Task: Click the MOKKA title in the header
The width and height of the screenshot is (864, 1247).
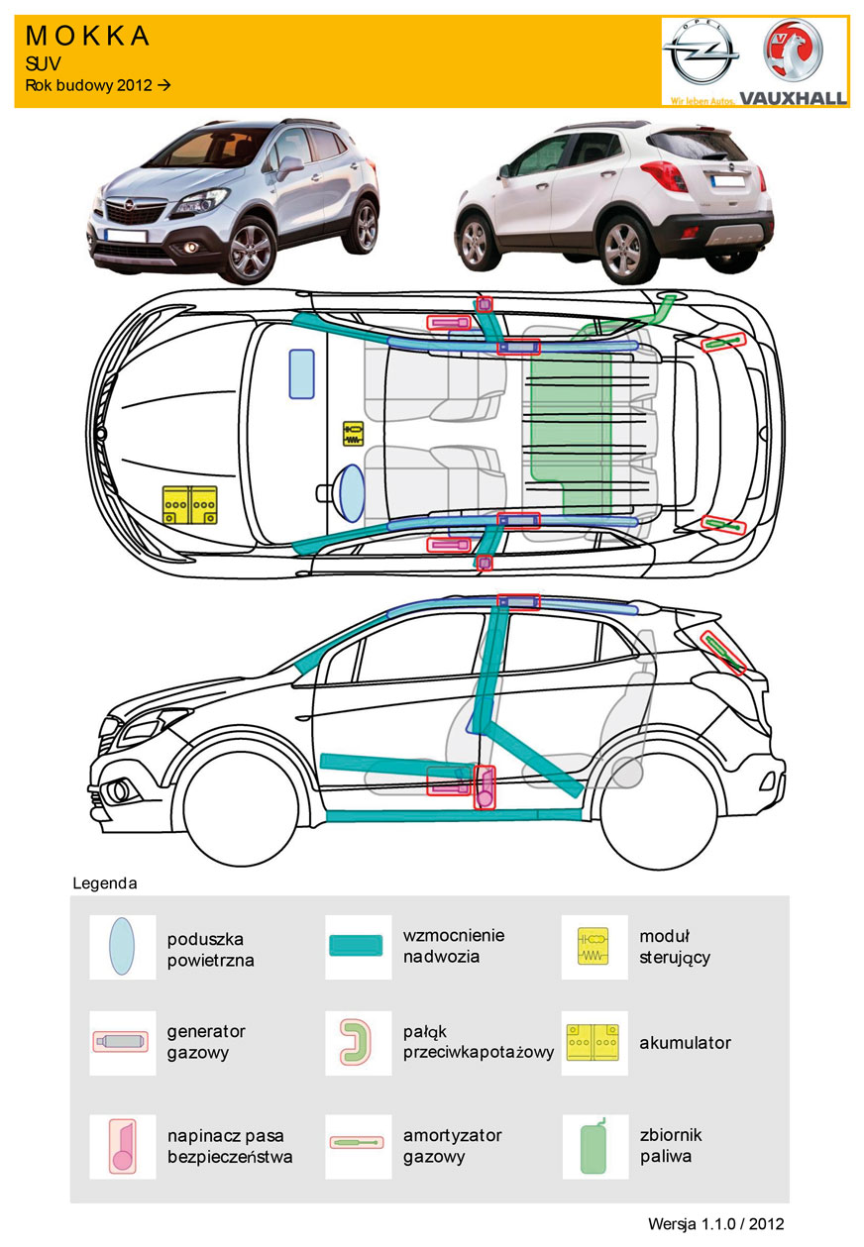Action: [87, 37]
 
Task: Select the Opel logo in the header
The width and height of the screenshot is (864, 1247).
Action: [702, 57]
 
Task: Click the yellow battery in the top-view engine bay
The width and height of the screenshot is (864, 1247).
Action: [189, 505]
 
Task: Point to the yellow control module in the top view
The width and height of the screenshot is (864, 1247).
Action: [353, 433]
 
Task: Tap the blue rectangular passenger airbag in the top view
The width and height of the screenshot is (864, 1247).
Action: [301, 373]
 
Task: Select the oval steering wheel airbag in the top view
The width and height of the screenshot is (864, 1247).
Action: [351, 491]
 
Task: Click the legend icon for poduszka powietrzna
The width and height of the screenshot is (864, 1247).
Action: [122, 947]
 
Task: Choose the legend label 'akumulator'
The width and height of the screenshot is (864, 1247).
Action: [685, 1043]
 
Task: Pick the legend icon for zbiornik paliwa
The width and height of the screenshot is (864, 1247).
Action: [594, 1145]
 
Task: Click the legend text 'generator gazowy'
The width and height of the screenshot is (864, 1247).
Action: [206, 1041]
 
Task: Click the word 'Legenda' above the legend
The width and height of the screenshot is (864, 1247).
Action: [105, 882]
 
